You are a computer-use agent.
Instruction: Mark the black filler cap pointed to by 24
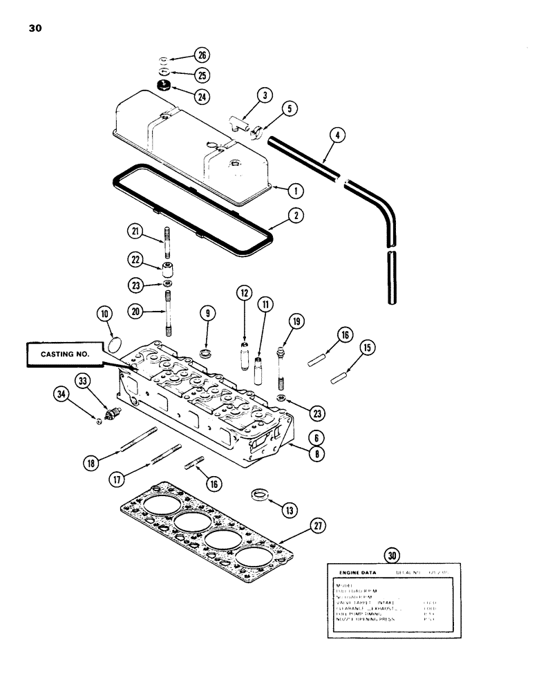tap(164, 86)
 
